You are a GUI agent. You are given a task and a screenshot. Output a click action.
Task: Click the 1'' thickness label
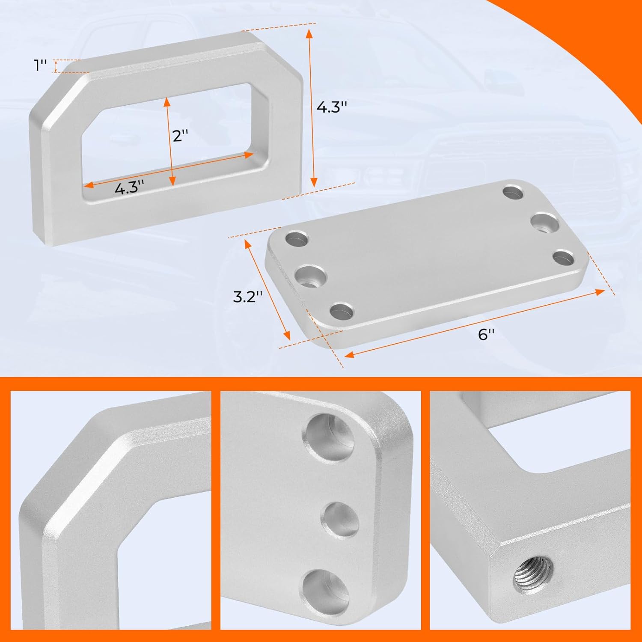[x=41, y=65]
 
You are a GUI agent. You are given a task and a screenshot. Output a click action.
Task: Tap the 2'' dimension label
[x=180, y=136]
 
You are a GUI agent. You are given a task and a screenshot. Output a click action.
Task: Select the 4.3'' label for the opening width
[x=129, y=187]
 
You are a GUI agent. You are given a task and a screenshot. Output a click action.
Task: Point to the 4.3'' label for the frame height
[x=331, y=107]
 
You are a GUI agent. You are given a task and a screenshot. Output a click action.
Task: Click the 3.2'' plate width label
[x=247, y=296]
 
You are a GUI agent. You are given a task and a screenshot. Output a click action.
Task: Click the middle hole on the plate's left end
[x=312, y=276]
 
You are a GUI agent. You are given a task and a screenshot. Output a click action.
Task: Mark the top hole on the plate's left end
[x=297, y=239]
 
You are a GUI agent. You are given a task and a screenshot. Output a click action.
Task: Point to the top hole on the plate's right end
[x=513, y=192]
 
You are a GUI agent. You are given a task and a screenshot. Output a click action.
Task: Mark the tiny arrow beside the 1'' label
[x=56, y=66]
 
